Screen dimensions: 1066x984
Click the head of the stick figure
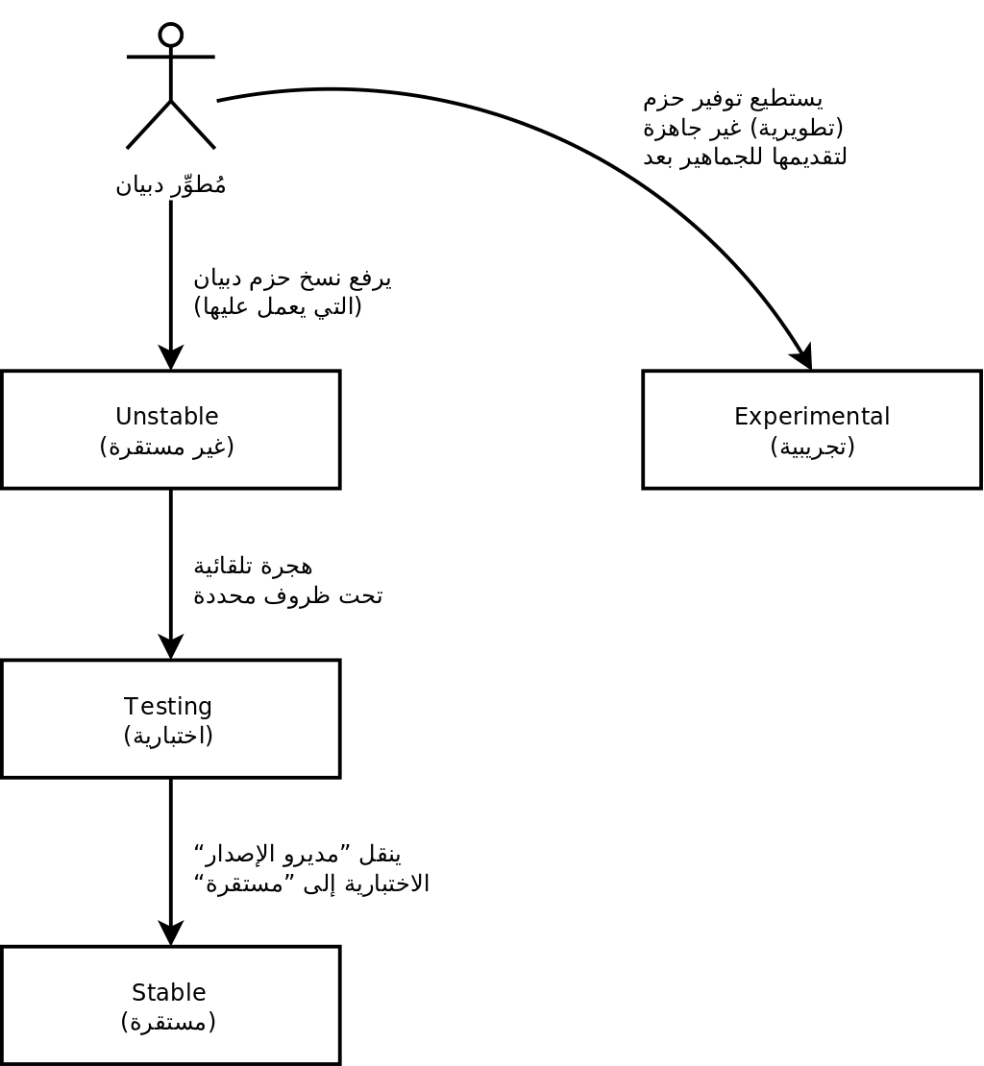pyautogui.click(x=171, y=36)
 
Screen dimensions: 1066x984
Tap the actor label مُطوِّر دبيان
pyautogui.click(x=171, y=184)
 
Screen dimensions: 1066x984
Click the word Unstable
pyautogui.click(x=167, y=417)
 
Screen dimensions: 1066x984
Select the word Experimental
pyautogui.click(x=812, y=417)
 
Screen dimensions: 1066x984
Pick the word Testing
pyautogui.click(x=168, y=707)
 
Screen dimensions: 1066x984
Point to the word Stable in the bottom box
pyautogui.click(x=169, y=992)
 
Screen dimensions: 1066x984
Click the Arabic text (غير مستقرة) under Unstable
pyautogui.click(x=167, y=447)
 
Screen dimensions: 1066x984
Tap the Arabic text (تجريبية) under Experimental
pyautogui.click(x=812, y=447)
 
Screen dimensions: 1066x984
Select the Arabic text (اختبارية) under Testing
pyautogui.click(x=168, y=736)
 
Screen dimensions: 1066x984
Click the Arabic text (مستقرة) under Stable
pyautogui.click(x=169, y=1022)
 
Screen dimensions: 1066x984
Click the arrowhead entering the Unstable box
pyautogui.click(x=171, y=358)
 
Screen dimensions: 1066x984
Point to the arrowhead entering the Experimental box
pyautogui.click(x=803, y=357)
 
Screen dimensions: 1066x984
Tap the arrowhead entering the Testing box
pyautogui.click(x=171, y=647)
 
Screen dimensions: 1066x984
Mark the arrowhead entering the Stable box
pyautogui.click(x=171, y=933)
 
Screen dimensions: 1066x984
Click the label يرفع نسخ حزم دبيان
pyautogui.click(x=292, y=279)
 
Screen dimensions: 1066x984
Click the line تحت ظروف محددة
pyautogui.click(x=288, y=595)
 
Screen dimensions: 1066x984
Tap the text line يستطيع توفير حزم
pyautogui.click(x=733, y=98)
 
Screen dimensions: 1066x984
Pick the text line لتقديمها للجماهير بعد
pyautogui.click(x=745, y=157)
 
